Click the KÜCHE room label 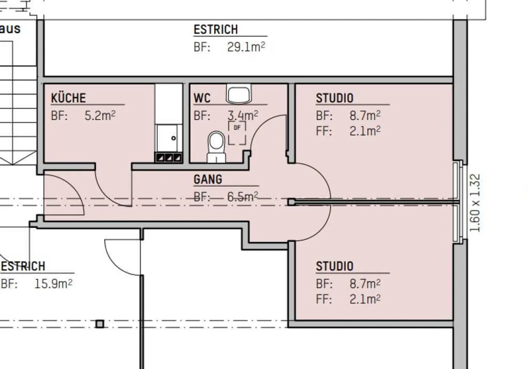click(x=68, y=98)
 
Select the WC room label click(x=202, y=98)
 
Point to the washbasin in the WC click(x=239, y=94)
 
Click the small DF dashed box click(x=237, y=133)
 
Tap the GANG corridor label click(x=208, y=179)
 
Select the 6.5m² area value click(x=242, y=196)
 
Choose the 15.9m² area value click(x=53, y=283)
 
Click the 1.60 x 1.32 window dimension click(x=475, y=203)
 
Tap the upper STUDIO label click(x=334, y=98)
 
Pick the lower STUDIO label click(x=334, y=266)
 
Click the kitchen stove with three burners click(x=169, y=158)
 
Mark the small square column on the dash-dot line click(x=99, y=324)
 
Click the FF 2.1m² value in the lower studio click(x=364, y=299)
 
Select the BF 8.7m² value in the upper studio click(x=364, y=116)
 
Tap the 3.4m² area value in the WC click(x=242, y=116)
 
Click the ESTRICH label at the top click(x=216, y=29)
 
